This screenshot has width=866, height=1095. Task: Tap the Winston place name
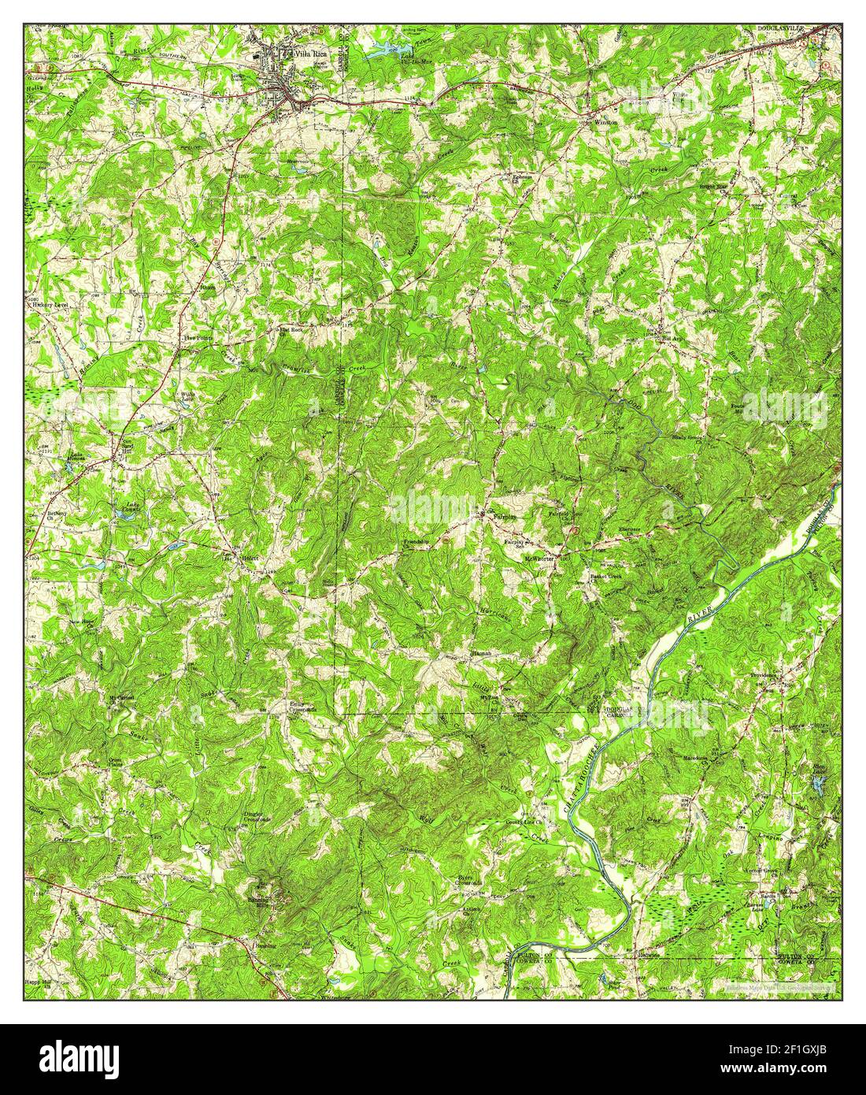(x=606, y=123)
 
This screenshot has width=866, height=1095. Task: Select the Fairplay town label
(x=503, y=517)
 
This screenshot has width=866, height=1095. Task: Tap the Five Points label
(x=198, y=336)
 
